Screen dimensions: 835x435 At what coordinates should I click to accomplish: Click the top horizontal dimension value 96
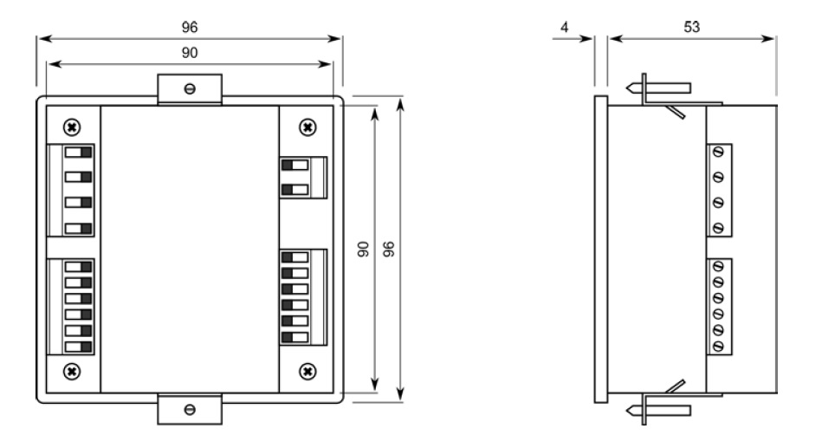coord(190,27)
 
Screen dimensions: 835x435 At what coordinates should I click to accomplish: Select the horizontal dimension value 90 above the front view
coord(190,53)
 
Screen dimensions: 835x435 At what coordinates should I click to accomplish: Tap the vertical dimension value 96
coord(389,250)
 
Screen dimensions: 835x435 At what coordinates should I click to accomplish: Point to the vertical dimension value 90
coord(363,250)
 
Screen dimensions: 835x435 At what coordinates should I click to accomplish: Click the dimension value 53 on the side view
coord(691,27)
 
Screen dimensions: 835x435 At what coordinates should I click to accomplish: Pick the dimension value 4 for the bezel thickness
coord(565,27)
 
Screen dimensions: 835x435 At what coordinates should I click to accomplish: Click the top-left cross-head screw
coord(72,127)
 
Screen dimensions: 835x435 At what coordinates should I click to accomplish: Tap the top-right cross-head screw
coord(307,127)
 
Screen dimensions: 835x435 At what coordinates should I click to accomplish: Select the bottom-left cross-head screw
coord(72,371)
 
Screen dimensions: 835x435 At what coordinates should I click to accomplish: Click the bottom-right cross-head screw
coord(307,371)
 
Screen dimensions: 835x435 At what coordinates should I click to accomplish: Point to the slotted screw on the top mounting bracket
coord(190,89)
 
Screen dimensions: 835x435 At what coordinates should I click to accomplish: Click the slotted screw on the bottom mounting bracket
coord(190,410)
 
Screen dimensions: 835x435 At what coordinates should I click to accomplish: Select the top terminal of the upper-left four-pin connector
coord(78,153)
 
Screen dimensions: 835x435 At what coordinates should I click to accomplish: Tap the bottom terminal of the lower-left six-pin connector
coord(78,347)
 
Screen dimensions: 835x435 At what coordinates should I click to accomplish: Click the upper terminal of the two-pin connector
coord(295,165)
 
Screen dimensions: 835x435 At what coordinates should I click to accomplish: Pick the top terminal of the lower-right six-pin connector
coord(295,257)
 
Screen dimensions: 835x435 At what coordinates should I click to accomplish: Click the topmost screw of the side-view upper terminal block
coord(718,153)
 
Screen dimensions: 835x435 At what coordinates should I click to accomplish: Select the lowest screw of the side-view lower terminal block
coord(718,347)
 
